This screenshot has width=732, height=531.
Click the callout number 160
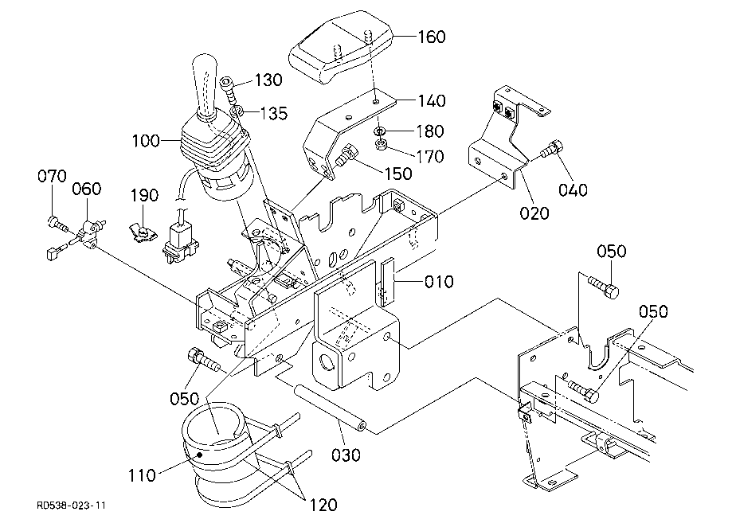[432, 37]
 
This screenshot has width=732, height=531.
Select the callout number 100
[146, 141]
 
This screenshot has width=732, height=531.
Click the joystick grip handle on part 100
[206, 86]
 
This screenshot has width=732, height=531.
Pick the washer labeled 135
[237, 111]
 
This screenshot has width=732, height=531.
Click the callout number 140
[432, 101]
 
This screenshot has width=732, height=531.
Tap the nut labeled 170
[382, 143]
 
